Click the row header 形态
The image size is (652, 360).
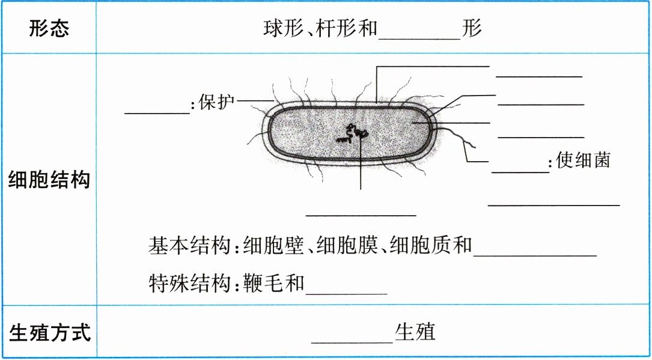pos(49,29)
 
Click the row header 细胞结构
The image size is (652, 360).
pos(49,180)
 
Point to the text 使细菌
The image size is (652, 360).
pos(583,161)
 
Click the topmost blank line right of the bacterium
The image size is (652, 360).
pos(539,75)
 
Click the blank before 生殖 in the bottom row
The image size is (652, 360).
pos(352,340)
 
